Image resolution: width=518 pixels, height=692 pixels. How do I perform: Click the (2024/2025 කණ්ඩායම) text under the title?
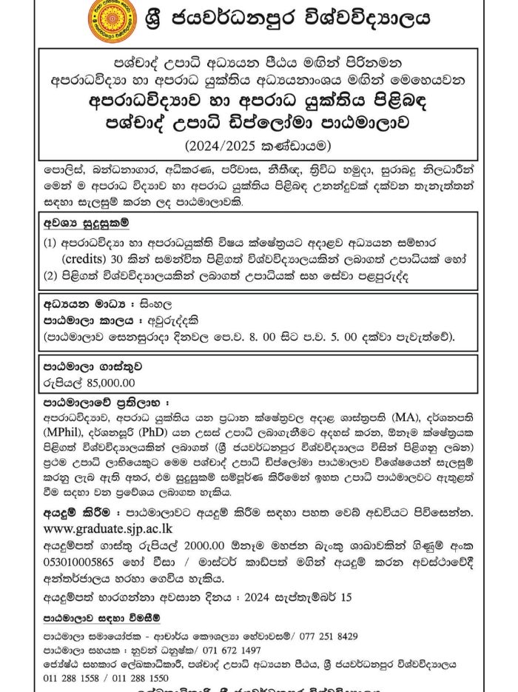point(259,141)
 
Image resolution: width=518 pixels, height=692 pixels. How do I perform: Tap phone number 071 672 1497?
point(230,650)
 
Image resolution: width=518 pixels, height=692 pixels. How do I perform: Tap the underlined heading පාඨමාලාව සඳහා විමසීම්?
point(101,617)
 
